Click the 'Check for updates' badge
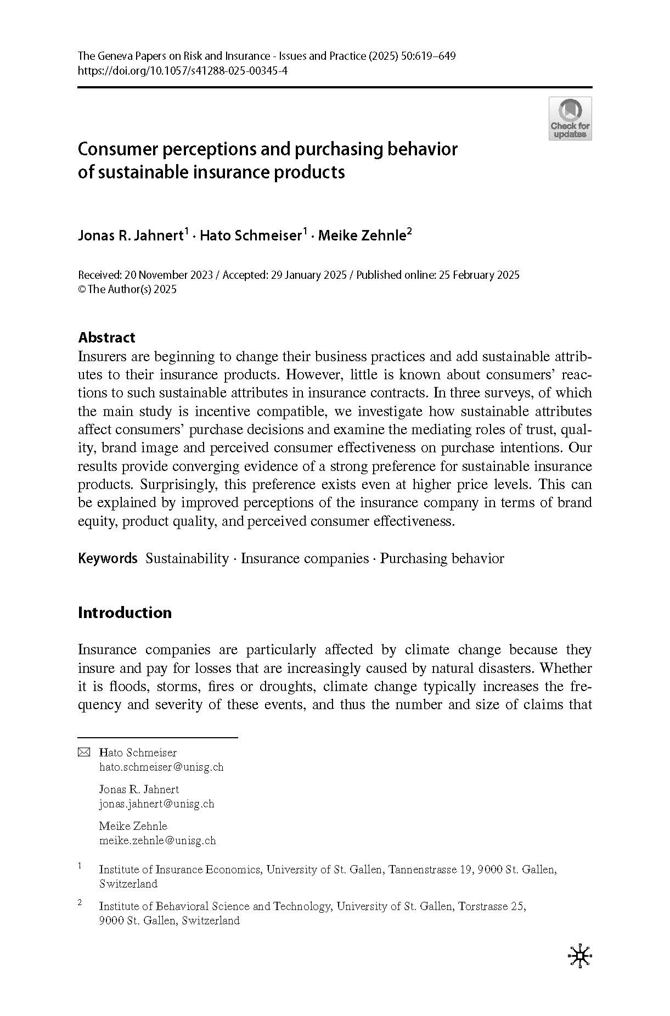[x=570, y=119]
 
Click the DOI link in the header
[x=183, y=71]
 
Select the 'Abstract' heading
[x=106, y=337]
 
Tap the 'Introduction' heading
[x=125, y=613]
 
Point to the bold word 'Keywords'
[x=108, y=559]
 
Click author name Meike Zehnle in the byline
[x=362, y=236]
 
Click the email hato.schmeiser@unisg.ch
[x=161, y=767]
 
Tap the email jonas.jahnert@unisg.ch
[x=156, y=804]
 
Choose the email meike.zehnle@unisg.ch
[x=157, y=840]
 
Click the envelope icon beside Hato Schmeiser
[x=83, y=752]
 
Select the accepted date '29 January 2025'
[x=308, y=275]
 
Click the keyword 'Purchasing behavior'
[x=442, y=559]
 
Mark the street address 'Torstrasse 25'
[x=492, y=906]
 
